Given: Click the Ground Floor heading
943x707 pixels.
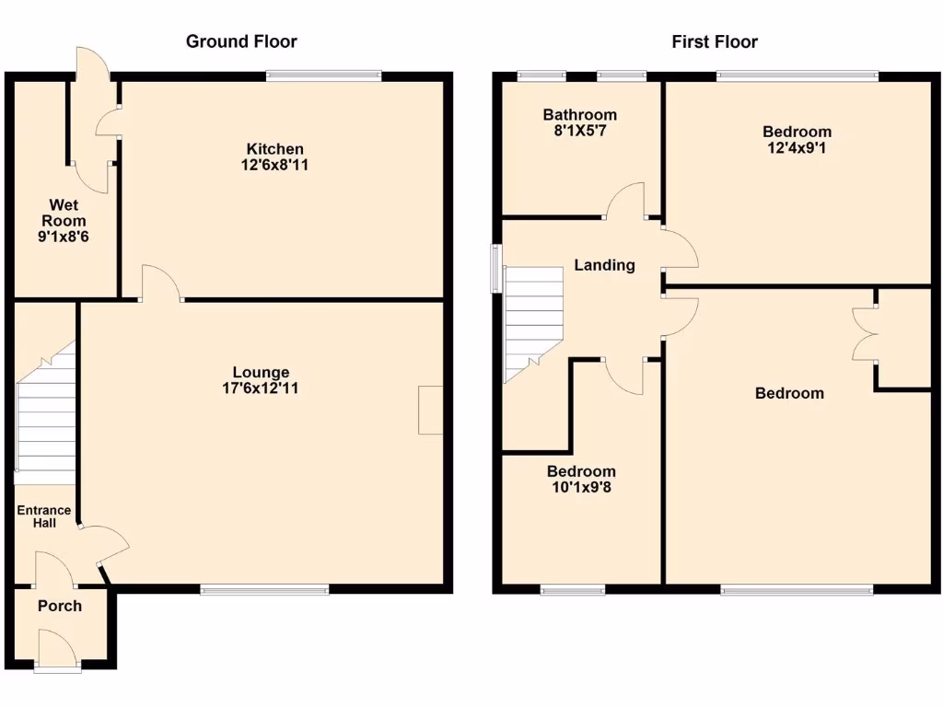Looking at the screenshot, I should [241, 41].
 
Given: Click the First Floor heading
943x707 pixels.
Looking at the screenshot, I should [715, 41].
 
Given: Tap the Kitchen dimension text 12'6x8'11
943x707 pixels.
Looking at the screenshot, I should [274, 166].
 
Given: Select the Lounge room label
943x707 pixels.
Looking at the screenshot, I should [261, 372].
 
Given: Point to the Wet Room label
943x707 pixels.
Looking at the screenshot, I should [68, 213].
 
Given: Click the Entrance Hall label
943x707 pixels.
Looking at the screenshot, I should [43, 516].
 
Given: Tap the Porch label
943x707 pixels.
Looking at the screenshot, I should [60, 606].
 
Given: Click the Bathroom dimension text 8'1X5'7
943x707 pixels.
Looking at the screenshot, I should [579, 132].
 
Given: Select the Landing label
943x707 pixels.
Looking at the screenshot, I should [604, 265].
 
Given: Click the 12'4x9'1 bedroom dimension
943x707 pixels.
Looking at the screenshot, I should [797, 147].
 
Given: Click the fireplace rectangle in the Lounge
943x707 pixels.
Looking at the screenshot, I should [429, 410].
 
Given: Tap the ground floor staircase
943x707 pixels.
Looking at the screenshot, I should [46, 414].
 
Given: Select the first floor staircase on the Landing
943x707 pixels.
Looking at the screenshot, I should [532, 322].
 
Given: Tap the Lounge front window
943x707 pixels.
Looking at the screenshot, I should [264, 590].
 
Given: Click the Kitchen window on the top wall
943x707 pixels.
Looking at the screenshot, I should [323, 75].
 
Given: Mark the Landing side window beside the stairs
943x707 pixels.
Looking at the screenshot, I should [496, 267].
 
